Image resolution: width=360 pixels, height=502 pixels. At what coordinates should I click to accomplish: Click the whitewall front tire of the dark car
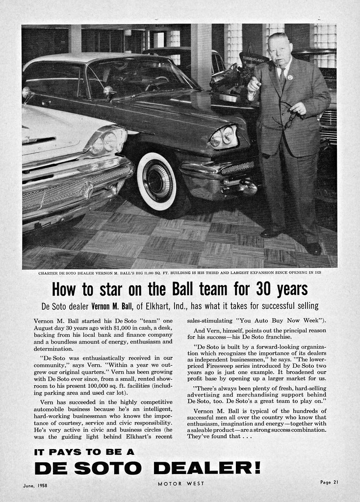coord(156,180)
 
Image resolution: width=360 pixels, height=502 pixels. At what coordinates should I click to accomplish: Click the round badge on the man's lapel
coord(290,77)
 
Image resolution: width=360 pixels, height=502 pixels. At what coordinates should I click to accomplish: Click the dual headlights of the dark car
coord(223,138)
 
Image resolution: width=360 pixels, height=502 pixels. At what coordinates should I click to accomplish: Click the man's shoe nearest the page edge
coord(313,249)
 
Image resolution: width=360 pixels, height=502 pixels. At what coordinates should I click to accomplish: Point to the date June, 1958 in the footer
coord(38,485)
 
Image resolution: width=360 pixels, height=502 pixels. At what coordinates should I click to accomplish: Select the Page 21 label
coord(329,482)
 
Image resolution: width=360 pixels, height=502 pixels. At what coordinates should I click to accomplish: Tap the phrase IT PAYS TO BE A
coord(84,452)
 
